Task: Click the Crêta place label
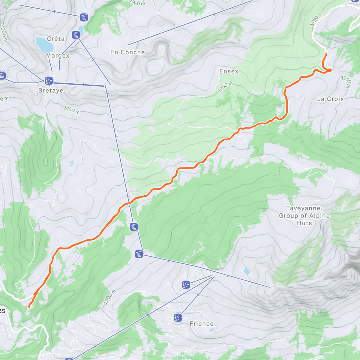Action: (56, 39)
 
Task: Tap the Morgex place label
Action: (58, 55)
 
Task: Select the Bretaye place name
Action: (51, 90)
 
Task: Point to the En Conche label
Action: (127, 52)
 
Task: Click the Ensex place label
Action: (229, 71)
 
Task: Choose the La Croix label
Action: (330, 99)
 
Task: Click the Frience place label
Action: (202, 324)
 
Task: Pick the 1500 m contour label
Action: (109, 297)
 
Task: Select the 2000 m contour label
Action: (4, 33)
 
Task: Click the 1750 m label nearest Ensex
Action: (225, 87)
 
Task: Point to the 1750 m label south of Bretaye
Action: (71, 110)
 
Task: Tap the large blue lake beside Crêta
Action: (44, 44)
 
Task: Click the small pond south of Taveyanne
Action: (247, 271)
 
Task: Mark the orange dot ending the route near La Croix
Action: (329, 70)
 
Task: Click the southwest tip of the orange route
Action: (29, 306)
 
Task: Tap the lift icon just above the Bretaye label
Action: (49, 80)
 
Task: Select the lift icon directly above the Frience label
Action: (178, 317)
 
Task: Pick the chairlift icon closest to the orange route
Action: (134, 227)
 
